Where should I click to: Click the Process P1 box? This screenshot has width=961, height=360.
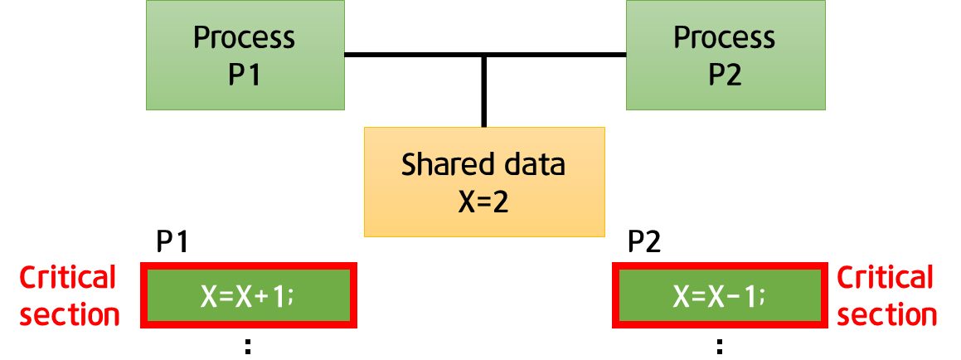point(245,55)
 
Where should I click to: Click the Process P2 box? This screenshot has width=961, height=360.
point(725,55)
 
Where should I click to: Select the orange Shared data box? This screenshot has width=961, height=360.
point(484,182)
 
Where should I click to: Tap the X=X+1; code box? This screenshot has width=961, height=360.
point(249,295)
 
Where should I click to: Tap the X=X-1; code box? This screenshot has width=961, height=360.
point(720,295)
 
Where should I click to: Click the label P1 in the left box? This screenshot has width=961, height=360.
point(245,75)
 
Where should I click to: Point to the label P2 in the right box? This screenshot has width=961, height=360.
point(725,75)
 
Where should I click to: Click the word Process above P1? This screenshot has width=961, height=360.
point(245,37)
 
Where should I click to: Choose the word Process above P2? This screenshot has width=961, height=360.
point(725,37)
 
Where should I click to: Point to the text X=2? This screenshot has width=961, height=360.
point(483,202)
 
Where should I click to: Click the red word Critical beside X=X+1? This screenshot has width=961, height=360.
point(69,278)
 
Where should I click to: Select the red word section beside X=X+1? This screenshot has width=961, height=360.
point(69,315)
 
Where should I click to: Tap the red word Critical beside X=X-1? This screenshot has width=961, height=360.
point(886,278)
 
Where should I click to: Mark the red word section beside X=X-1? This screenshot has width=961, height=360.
point(887,315)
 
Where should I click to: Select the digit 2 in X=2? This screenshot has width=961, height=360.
point(500,202)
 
